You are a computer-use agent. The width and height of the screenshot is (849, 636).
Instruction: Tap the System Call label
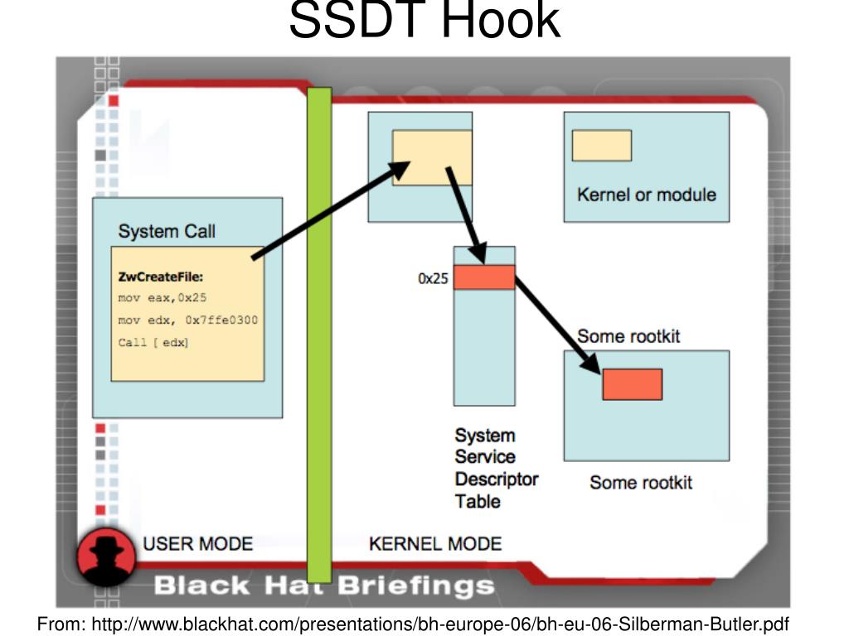point(167,231)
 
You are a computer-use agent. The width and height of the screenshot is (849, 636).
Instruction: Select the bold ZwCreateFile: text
point(160,277)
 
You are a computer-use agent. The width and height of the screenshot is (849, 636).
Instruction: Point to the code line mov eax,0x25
point(162,297)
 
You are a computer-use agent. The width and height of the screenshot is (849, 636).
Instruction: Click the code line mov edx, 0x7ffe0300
point(187,320)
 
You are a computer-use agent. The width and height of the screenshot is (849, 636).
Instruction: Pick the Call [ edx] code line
point(153,342)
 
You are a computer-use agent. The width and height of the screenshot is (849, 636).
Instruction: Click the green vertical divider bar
point(319,331)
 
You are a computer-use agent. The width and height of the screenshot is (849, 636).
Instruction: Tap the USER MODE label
point(197,544)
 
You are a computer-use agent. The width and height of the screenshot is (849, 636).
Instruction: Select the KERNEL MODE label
point(434,544)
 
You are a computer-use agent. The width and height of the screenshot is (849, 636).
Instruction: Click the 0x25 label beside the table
point(433,279)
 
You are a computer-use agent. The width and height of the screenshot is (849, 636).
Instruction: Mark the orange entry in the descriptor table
point(484,277)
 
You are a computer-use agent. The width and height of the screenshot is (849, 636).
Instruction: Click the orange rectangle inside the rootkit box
point(632,384)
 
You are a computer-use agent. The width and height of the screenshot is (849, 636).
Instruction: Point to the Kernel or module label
point(646,195)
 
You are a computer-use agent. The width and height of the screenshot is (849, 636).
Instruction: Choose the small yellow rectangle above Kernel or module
point(601,146)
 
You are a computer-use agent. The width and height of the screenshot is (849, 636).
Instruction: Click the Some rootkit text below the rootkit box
point(640,483)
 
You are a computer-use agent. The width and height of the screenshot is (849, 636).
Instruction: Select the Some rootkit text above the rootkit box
point(628,336)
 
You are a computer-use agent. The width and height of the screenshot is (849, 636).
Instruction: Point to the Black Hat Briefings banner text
point(323,586)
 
